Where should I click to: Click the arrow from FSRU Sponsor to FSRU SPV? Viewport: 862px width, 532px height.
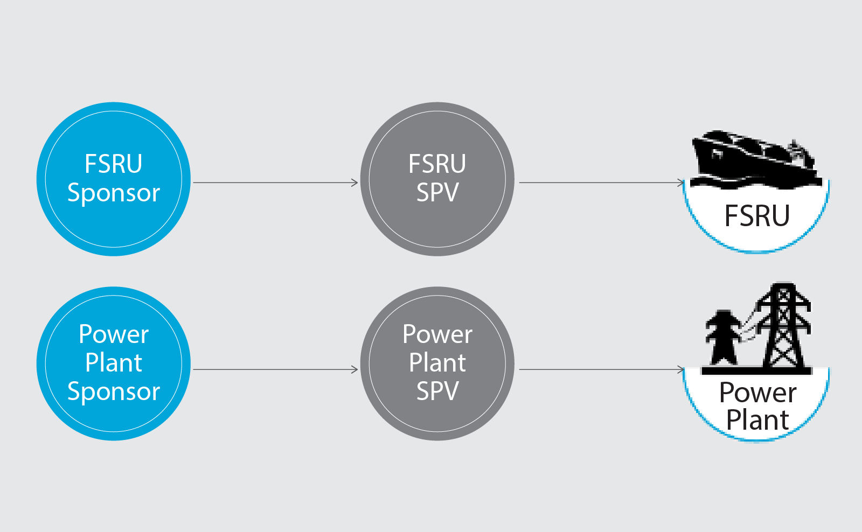(275, 183)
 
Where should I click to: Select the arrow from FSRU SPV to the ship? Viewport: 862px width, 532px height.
(601, 183)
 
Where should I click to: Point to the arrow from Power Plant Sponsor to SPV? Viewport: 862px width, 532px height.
(275, 369)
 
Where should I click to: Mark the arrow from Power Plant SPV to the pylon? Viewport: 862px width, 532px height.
(601, 369)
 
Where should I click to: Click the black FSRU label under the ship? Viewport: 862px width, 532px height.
(757, 216)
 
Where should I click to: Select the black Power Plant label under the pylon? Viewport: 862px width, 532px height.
(757, 407)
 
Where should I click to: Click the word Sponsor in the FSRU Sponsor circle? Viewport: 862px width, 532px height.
(114, 193)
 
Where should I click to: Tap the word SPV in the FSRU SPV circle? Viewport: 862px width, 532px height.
(437, 192)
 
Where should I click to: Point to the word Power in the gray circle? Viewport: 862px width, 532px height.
(437, 334)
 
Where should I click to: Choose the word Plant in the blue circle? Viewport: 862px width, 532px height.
(114, 362)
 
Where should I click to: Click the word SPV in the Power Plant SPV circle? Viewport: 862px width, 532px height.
(437, 391)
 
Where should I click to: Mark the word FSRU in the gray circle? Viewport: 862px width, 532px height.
(437, 164)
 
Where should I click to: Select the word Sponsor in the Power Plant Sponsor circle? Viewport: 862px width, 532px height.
(114, 391)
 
